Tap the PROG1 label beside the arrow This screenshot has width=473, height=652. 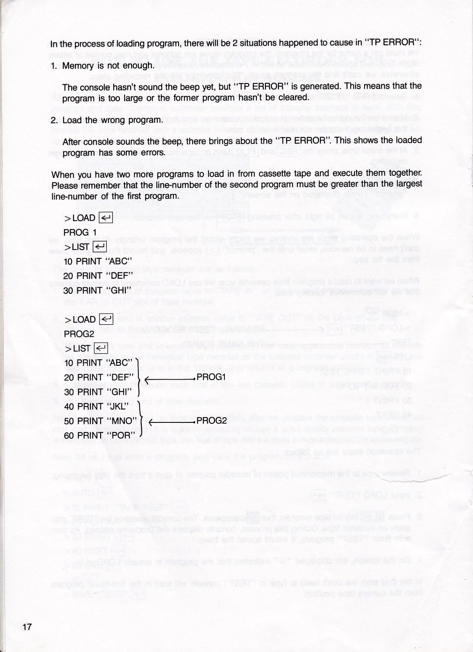(211, 377)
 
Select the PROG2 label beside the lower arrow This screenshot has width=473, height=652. (211, 421)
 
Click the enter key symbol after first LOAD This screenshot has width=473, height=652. (106, 218)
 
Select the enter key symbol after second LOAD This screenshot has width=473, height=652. (106, 320)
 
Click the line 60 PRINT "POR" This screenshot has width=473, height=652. (98, 435)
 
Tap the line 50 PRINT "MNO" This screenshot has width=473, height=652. (100, 421)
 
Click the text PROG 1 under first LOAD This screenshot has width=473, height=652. (80, 232)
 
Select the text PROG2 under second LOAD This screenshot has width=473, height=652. (79, 334)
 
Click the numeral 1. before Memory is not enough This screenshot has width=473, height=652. (54, 66)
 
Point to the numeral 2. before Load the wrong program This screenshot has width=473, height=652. (54, 120)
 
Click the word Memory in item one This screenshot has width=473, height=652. (78, 66)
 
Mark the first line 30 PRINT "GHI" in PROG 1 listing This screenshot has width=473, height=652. (97, 290)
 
